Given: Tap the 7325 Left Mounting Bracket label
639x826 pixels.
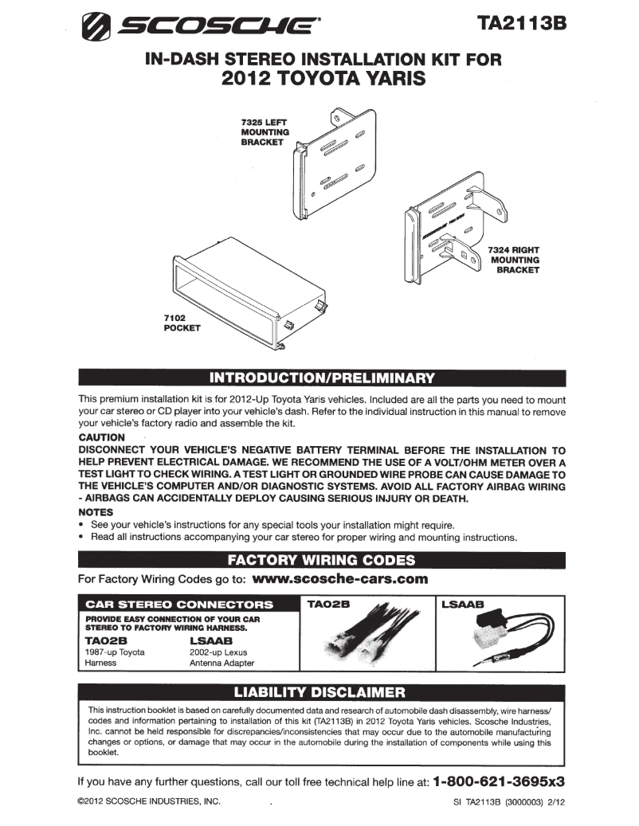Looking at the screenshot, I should pos(265,131).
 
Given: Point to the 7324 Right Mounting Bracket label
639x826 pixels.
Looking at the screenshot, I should pos(515,260).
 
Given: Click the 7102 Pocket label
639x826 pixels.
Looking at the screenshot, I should pos(182,322).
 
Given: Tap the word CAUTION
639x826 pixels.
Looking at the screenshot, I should pos(102,437).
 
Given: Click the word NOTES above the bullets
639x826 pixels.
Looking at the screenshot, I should pos(96,511).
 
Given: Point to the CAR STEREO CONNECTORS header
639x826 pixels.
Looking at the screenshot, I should pos(173,605).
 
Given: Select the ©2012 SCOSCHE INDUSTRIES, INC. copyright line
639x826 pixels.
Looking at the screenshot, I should pos(148,803).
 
